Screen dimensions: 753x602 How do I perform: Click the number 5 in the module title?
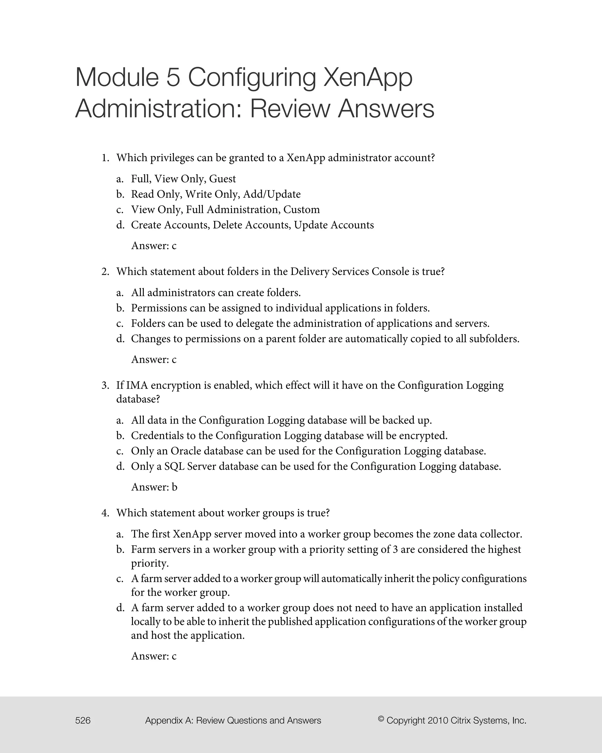(173, 78)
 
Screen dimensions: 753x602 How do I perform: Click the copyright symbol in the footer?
(381, 719)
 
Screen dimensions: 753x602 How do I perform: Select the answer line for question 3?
(154, 487)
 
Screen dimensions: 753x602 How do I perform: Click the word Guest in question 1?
(222, 179)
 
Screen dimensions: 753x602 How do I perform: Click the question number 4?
(105, 513)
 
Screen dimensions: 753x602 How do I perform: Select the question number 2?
(105, 272)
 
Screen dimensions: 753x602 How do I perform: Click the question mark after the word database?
(158, 399)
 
